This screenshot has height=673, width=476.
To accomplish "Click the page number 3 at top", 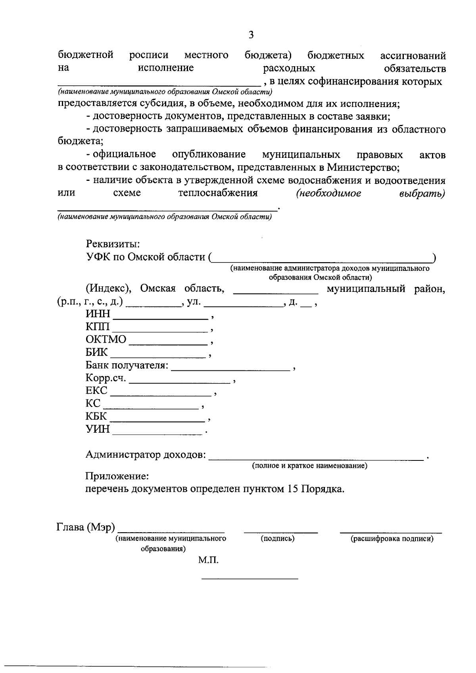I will tap(251, 35).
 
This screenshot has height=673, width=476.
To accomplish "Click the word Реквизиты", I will tap(113, 244).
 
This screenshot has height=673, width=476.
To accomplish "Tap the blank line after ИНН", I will tap(161, 317).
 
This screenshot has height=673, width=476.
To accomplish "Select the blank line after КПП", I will tap(160, 330).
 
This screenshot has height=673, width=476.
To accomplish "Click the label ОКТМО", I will tap(106, 339).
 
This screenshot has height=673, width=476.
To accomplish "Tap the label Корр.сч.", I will tap(106, 378).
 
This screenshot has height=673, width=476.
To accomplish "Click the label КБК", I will tap(96, 416).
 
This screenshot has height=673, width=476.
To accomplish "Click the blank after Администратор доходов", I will tap(316, 458).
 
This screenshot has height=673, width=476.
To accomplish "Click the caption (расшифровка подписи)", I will tap(392, 539).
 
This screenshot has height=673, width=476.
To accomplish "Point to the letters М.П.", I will tap(209, 560).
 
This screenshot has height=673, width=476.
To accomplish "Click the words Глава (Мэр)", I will tap(86, 527).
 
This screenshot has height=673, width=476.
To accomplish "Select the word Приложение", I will tap(117, 476).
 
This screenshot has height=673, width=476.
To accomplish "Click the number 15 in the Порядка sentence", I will tap(292, 489).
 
